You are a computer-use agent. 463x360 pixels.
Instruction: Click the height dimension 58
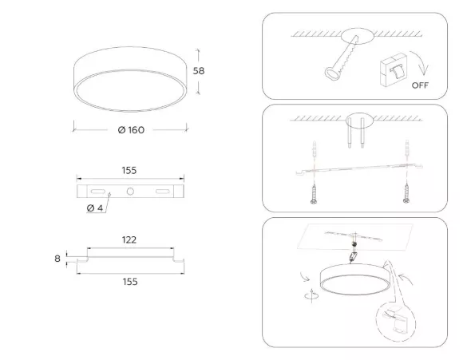[199, 71]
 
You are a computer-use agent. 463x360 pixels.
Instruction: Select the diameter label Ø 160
[131, 130]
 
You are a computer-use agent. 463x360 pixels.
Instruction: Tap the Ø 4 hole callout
[95, 208]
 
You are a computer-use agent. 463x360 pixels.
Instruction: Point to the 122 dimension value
[129, 239]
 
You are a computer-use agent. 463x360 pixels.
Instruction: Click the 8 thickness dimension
[57, 259]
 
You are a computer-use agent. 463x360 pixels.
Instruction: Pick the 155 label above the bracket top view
[129, 170]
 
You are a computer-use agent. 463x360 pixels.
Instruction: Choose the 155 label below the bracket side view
[130, 282]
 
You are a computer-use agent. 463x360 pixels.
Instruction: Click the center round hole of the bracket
[130, 192]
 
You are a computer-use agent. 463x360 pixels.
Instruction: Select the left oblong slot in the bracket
[98, 192]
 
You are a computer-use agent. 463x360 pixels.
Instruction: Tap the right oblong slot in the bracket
[163, 192]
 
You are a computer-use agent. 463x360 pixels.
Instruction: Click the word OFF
[420, 85]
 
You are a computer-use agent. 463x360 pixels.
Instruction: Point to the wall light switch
[394, 70]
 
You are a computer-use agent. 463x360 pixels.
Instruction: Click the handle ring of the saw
[333, 73]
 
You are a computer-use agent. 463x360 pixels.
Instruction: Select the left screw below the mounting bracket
[314, 194]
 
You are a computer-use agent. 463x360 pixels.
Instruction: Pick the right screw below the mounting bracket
[406, 193]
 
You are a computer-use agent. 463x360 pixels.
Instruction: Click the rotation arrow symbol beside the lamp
[311, 295]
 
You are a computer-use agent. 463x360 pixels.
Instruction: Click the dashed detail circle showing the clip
[396, 322]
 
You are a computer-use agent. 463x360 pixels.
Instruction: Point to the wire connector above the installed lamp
[353, 257]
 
